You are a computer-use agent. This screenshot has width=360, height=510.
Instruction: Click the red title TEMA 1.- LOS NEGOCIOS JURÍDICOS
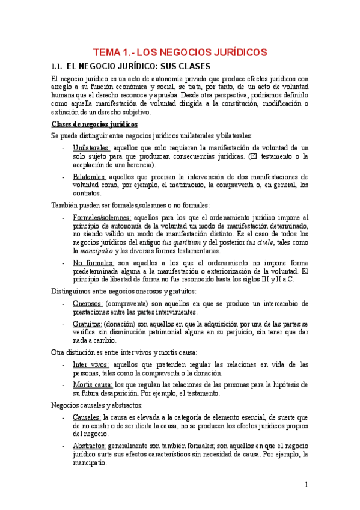(x=180, y=52)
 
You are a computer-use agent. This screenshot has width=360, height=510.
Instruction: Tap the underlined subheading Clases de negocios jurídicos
(x=94, y=124)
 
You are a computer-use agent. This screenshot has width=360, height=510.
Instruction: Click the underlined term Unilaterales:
(x=91, y=147)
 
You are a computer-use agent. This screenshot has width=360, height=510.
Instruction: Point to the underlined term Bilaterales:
(x=90, y=177)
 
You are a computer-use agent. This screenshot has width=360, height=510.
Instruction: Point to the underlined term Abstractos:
(x=90, y=446)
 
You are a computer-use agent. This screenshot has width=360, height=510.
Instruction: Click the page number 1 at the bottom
(x=306, y=484)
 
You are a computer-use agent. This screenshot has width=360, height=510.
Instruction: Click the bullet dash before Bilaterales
(x=64, y=177)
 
